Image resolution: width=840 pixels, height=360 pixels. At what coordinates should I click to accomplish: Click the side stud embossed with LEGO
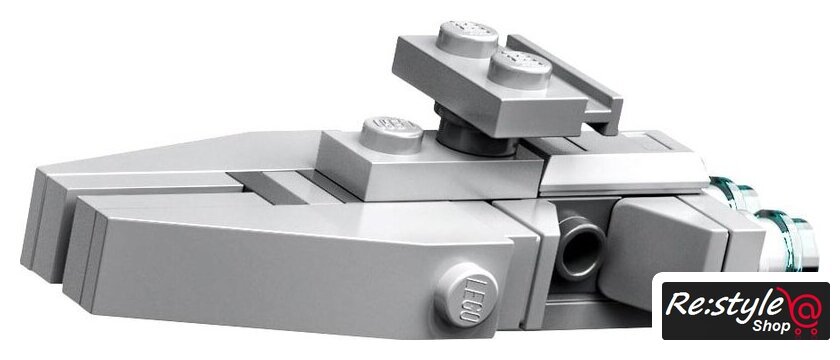[x=465, y=294]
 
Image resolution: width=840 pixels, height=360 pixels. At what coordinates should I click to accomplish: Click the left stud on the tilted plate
[x=467, y=39]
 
